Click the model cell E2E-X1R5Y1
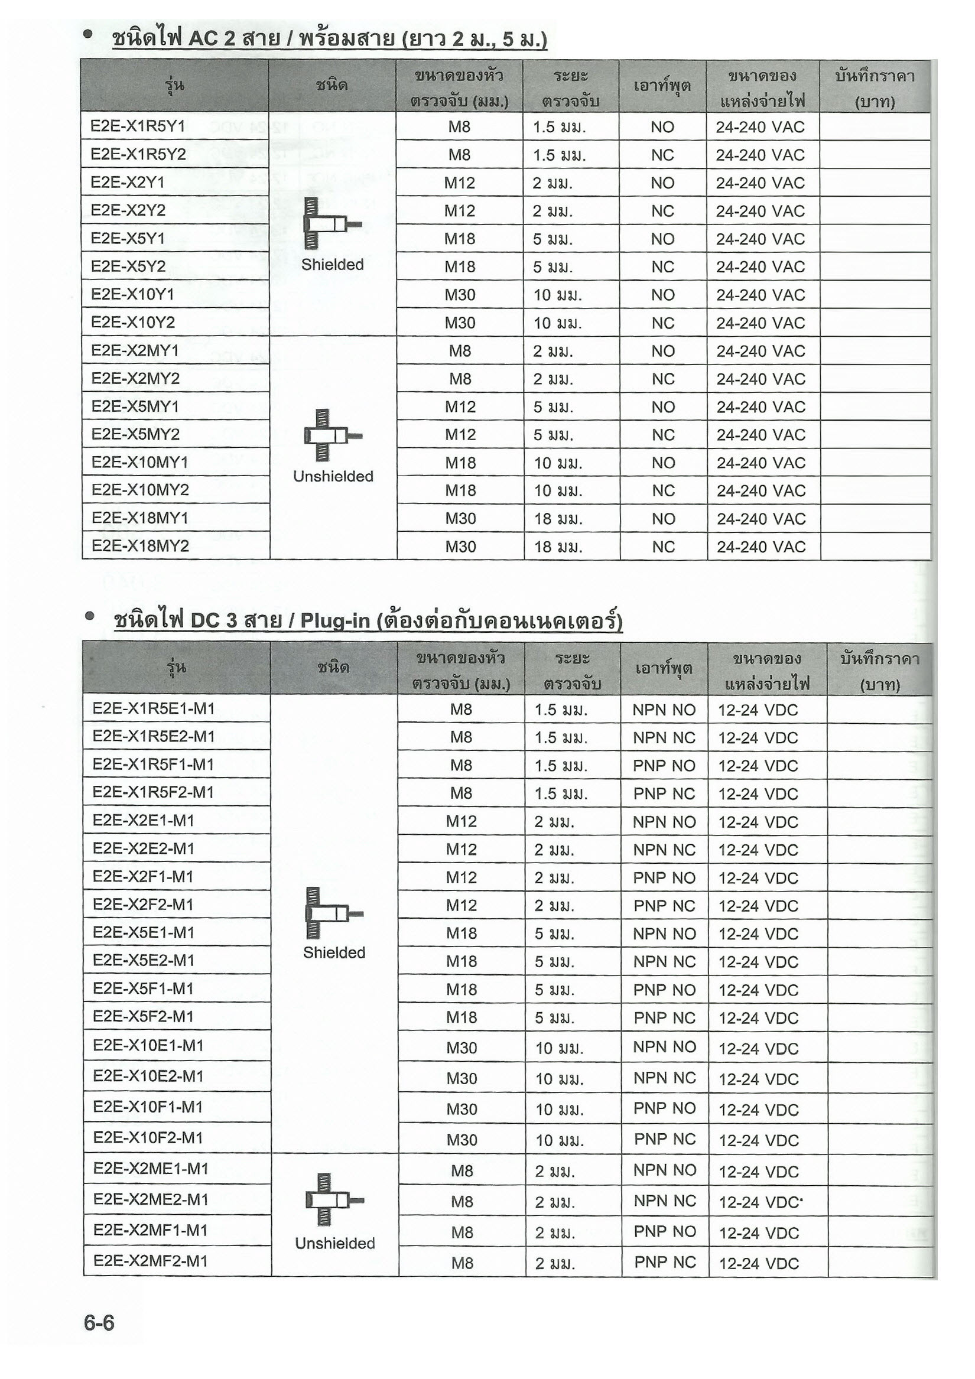pos(138,126)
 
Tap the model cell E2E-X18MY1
pos(140,518)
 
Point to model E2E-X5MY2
pos(135,434)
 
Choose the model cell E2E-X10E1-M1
pos(148,1046)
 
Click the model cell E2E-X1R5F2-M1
pos(153,792)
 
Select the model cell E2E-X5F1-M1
pos(143,988)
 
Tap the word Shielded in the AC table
pos(332,265)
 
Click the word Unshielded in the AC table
pos(333,476)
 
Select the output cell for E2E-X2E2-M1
pos(664,850)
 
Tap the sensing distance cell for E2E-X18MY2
pos(558,547)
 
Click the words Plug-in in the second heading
pos(334,620)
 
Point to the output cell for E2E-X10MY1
pos(663,463)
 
